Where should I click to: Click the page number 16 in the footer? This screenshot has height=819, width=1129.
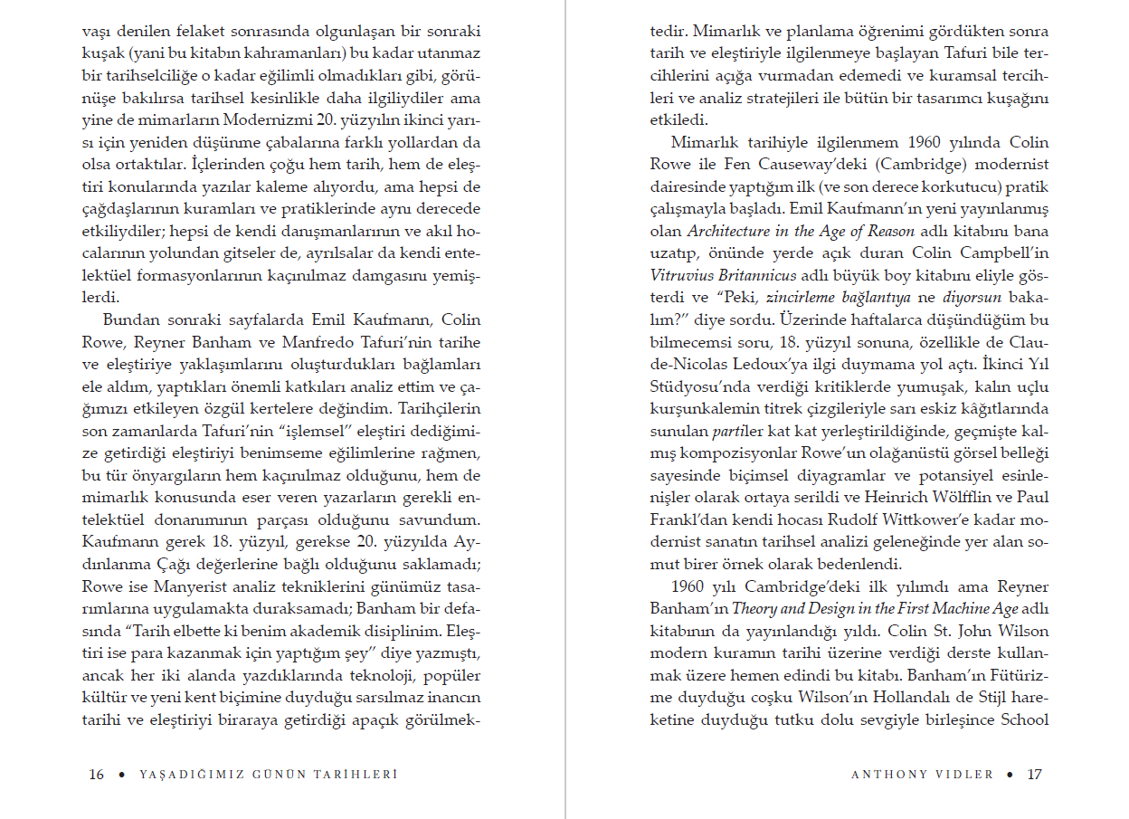coord(97,775)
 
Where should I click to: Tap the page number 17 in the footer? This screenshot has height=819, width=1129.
coord(1035,775)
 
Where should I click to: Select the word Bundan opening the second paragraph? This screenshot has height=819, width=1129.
coord(131,319)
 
